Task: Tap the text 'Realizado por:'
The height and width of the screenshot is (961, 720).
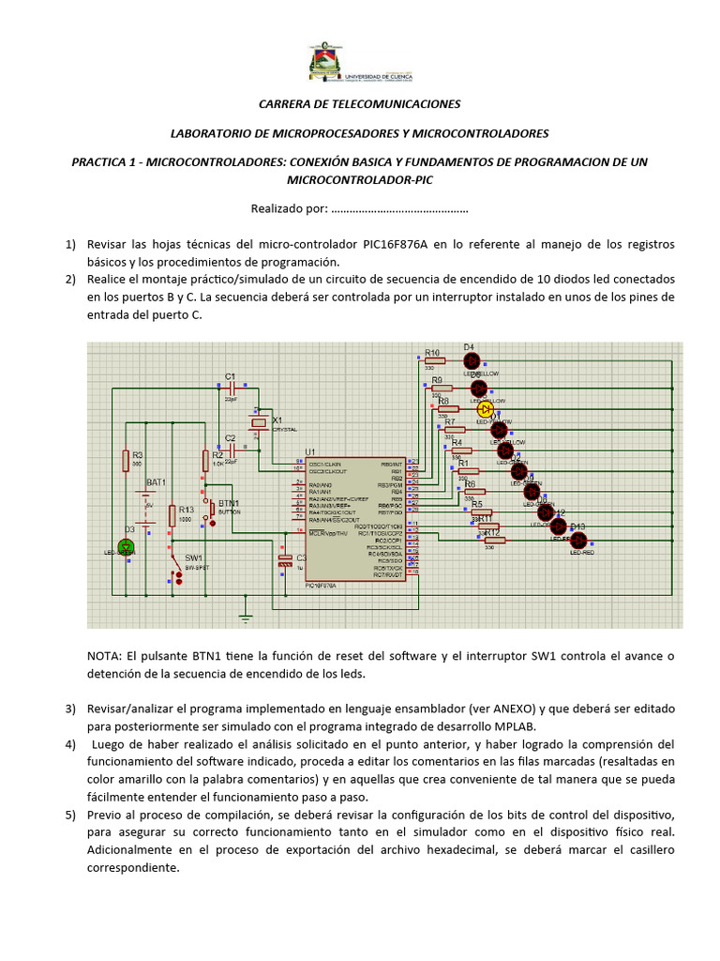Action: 289,208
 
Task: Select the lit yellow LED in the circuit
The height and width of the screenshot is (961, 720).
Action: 485,409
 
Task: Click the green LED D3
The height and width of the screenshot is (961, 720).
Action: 127,546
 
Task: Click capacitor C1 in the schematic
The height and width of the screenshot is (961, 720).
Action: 230,386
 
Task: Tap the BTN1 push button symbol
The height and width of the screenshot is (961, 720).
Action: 212,512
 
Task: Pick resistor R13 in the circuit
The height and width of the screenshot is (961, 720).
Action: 172,515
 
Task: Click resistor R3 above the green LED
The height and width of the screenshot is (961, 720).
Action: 126,460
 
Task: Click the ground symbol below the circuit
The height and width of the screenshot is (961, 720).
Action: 246,617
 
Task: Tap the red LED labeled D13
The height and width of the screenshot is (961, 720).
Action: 577,540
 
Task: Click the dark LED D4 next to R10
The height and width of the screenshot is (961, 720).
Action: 472,359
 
